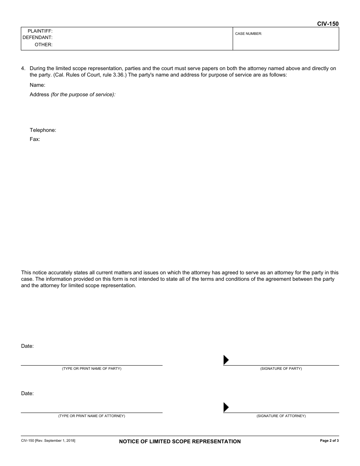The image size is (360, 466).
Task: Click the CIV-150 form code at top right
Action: coord(328,23)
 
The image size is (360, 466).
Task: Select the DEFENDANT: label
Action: coord(38,38)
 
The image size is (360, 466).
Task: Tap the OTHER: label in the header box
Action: coord(44,45)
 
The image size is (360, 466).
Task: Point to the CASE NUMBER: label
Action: coord(249,34)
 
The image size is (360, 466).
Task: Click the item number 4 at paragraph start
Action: coord(23,69)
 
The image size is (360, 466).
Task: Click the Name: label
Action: coord(38,85)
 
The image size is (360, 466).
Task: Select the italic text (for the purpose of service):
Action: coord(83,95)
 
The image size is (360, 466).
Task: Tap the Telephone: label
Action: coord(43,130)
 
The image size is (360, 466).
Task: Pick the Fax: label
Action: coord(35,139)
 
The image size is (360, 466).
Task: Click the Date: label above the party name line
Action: coord(27,346)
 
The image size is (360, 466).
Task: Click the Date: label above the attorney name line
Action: coord(27,393)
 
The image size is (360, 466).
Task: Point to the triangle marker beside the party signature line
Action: coord(226,360)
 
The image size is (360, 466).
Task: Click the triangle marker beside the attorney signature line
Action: coord(226,407)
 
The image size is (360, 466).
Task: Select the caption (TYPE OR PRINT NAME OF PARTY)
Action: coord(92,369)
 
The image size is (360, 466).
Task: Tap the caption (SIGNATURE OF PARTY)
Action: coord(281,369)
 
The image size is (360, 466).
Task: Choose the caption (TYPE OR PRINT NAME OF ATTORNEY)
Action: coord(92,416)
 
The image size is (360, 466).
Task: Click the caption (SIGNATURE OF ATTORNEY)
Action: coord(281,416)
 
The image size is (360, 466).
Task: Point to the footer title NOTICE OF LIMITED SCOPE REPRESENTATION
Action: coord(180,441)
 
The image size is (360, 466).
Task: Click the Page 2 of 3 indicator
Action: coord(329,441)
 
